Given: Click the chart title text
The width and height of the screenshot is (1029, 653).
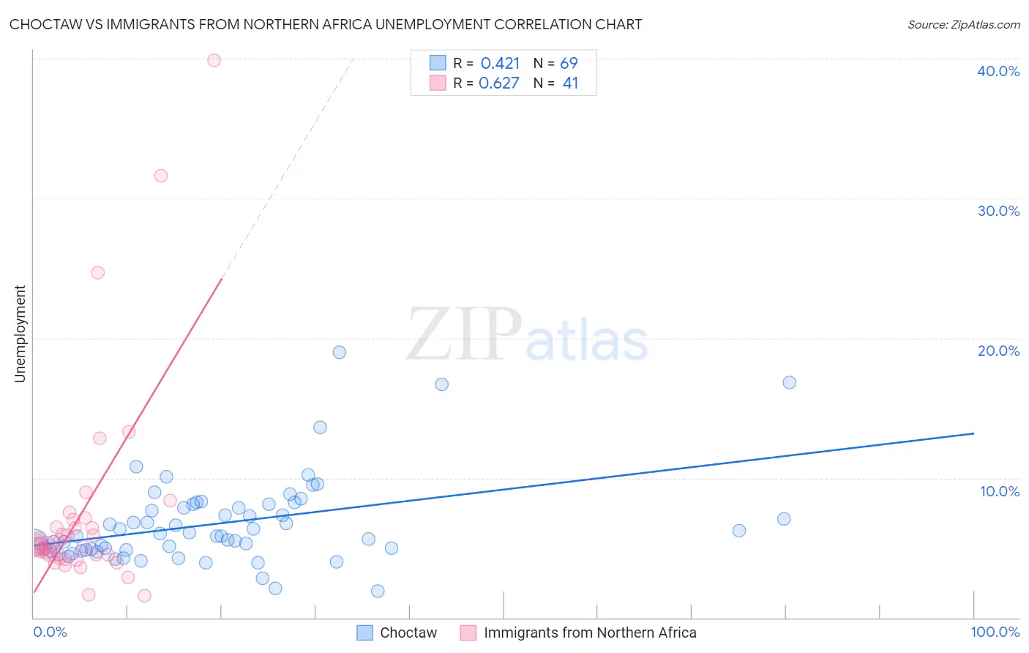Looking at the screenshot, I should [x=326, y=25].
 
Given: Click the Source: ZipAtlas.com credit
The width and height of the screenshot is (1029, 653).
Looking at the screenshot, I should [x=963, y=25].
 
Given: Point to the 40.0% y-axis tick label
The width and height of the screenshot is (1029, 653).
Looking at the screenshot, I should [x=998, y=71].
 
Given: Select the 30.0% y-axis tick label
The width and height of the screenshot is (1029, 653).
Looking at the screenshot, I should [x=998, y=211].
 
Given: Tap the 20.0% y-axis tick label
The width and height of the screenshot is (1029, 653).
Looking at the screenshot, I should [x=998, y=351].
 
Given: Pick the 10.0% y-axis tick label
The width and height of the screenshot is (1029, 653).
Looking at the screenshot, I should [x=999, y=491].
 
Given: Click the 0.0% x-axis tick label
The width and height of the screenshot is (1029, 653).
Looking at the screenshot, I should [x=50, y=632].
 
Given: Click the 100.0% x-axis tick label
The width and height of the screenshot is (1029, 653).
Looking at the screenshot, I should [x=995, y=632].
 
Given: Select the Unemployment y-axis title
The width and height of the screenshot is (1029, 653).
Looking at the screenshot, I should [x=20, y=334].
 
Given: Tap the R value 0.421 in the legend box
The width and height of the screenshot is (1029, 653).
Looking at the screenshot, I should [x=500, y=64].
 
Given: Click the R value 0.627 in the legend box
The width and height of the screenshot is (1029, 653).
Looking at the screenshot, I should [x=498, y=83].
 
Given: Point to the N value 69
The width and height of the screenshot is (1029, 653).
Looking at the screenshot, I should [x=569, y=64].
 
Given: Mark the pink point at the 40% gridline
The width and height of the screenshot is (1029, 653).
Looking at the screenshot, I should [x=214, y=60].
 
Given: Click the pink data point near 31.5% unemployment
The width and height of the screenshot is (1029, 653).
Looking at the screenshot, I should [x=161, y=176].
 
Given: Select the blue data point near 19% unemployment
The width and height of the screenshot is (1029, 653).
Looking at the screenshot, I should [x=339, y=352].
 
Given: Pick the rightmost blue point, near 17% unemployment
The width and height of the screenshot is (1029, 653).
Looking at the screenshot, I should [x=789, y=382].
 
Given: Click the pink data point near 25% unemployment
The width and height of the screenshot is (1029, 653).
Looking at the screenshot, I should [x=97, y=272].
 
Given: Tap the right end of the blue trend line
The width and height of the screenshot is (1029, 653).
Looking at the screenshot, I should [x=973, y=433].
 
